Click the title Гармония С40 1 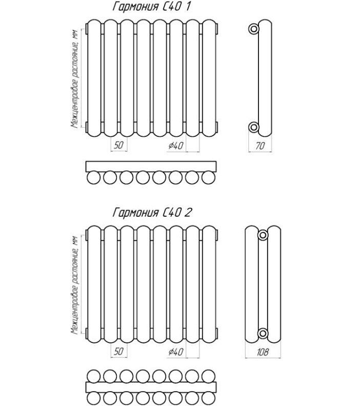click(152, 7)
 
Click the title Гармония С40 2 click(152, 213)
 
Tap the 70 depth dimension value click(260, 146)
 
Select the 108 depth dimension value click(263, 352)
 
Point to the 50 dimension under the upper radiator click(118, 145)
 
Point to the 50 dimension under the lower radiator click(118, 351)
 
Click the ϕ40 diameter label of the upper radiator click(175, 146)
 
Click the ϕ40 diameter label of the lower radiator click(175, 352)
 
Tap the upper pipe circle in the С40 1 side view click(253, 29)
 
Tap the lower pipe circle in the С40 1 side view click(253, 127)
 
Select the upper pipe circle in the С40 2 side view click(263, 235)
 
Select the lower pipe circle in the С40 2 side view click(263, 334)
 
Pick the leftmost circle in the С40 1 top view click(93, 177)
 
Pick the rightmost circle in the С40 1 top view click(209, 177)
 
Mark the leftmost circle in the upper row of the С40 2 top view click(93, 376)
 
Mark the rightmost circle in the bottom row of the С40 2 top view click(209, 399)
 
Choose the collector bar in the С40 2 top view click(151, 388)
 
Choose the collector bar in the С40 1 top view click(151, 167)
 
